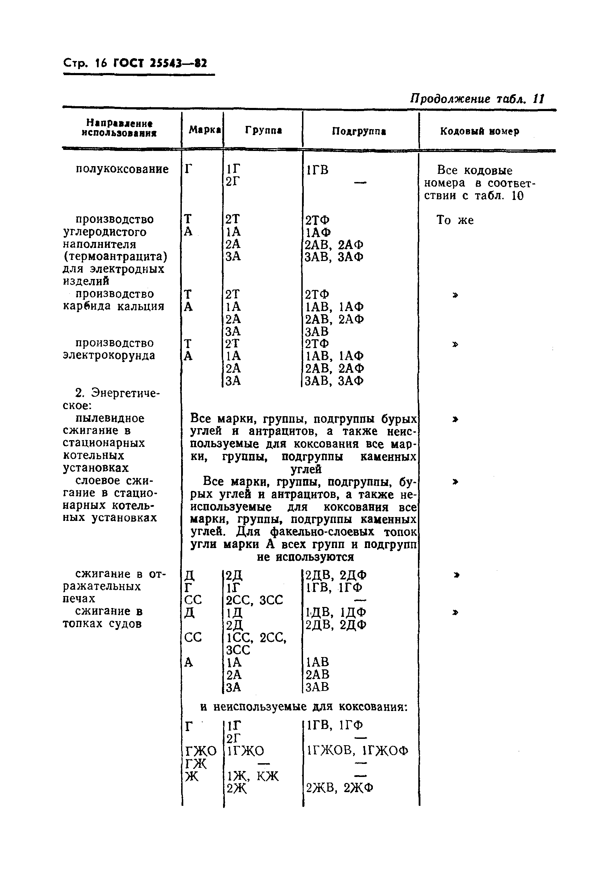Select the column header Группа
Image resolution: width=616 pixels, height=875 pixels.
pyautogui.click(x=263, y=130)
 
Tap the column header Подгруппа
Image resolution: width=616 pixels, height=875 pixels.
pyautogui.click(x=359, y=132)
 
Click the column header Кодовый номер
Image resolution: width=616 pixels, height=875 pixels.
pyautogui.click(x=480, y=132)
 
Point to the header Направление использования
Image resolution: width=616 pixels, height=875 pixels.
pyautogui.click(x=119, y=128)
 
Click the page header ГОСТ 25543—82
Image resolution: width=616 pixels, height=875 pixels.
pyautogui.click(x=160, y=63)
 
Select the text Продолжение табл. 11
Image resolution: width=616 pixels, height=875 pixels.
pyautogui.click(x=477, y=99)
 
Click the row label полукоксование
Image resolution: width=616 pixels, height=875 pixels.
pyautogui.click(x=122, y=169)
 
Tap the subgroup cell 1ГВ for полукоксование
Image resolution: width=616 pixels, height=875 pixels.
pyautogui.click(x=317, y=170)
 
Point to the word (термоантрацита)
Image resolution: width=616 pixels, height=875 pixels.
pyautogui.click(x=115, y=256)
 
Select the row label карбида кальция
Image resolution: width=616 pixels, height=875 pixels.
pyautogui.click(x=113, y=306)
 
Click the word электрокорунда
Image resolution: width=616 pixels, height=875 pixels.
pyautogui.click(x=109, y=356)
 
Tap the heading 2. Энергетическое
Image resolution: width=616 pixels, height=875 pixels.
pyautogui.click(x=112, y=399)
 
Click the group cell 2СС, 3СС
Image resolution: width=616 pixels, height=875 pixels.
pyautogui.click(x=254, y=600)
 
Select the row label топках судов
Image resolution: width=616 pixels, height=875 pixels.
pyautogui.click(x=102, y=624)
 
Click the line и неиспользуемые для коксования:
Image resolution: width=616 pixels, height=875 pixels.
pyautogui.click(x=304, y=707)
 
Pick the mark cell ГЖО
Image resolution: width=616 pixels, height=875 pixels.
pyautogui.click(x=201, y=751)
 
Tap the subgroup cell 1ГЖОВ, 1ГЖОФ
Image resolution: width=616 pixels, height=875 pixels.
pyautogui.click(x=357, y=751)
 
